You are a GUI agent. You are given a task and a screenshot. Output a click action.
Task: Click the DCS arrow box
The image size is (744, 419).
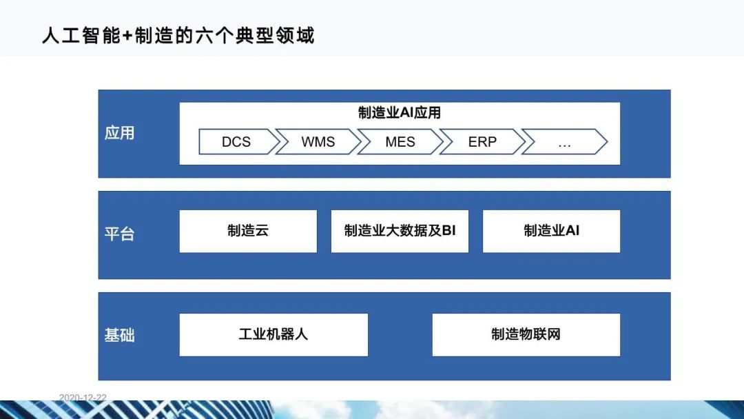pyautogui.click(x=236, y=142)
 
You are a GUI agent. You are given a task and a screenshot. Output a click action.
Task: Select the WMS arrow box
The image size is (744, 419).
pyautogui.click(x=318, y=142)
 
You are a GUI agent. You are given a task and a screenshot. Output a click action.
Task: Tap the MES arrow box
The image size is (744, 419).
pyautogui.click(x=400, y=142)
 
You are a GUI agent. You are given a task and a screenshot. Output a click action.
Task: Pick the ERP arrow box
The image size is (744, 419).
pyautogui.click(x=482, y=142)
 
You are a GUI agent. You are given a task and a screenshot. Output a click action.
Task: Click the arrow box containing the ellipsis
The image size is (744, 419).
pyautogui.click(x=564, y=142)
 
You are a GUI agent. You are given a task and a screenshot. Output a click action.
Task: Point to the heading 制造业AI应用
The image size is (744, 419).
pyautogui.click(x=400, y=113)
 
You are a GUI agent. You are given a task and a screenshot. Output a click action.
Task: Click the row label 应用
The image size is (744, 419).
pyautogui.click(x=119, y=133)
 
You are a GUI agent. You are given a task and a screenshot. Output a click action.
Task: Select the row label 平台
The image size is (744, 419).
pyautogui.click(x=119, y=234)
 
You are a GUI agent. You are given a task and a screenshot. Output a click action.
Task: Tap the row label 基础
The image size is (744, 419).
pyautogui.click(x=119, y=336)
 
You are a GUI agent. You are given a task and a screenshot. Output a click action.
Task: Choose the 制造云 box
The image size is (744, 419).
pyautogui.click(x=248, y=231)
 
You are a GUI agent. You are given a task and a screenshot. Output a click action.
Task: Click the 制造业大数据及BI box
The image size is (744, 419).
pyautogui.click(x=400, y=231)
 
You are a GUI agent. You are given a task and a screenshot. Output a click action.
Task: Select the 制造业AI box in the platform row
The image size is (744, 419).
pyautogui.click(x=551, y=231)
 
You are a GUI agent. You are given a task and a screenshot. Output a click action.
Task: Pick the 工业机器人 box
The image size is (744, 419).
pyautogui.click(x=273, y=335)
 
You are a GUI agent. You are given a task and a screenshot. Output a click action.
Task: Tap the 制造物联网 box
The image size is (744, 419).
pyautogui.click(x=526, y=335)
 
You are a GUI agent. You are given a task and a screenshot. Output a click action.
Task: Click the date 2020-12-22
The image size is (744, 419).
pyautogui.click(x=83, y=398)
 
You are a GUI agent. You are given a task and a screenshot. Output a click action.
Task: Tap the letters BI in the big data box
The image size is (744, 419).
pyautogui.click(x=448, y=231)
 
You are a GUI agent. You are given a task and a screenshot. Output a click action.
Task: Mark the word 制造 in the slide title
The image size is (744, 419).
pyautogui.click(x=153, y=35)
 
